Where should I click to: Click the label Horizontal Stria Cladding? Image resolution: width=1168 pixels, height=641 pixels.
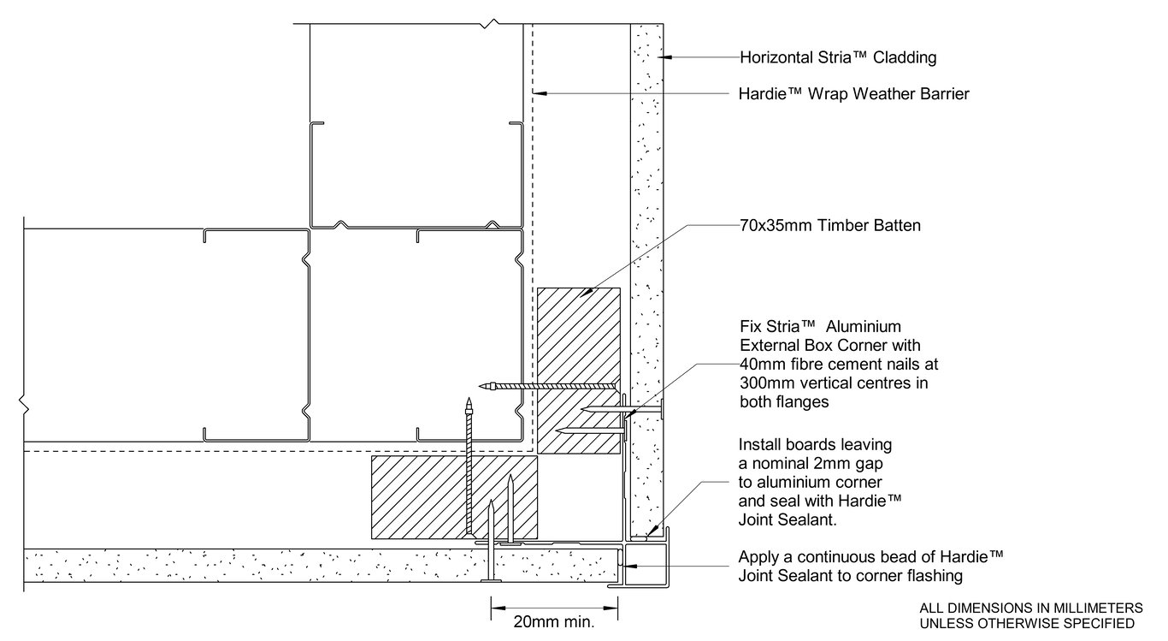point(838,57)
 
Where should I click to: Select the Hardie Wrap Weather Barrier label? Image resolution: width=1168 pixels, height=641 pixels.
point(853,94)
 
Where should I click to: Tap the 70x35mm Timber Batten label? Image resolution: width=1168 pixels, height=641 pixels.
point(830,225)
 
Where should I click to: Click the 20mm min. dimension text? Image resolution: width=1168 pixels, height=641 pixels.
point(554,621)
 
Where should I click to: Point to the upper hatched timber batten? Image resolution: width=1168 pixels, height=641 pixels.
point(579,371)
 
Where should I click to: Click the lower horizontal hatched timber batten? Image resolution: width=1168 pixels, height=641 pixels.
point(454,497)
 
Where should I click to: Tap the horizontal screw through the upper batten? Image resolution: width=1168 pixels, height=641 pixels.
point(547,386)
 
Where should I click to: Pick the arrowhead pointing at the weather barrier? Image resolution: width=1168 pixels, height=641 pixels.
point(540,93)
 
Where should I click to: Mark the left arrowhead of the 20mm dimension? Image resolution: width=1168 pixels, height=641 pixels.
point(498,608)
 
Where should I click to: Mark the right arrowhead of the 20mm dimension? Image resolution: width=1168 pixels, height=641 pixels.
point(611,608)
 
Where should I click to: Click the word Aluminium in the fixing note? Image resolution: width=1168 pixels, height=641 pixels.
point(864,327)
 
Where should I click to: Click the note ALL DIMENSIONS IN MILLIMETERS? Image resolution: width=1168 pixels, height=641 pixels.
point(1031,608)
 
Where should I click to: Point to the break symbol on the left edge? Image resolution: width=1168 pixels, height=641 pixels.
point(23,404)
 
